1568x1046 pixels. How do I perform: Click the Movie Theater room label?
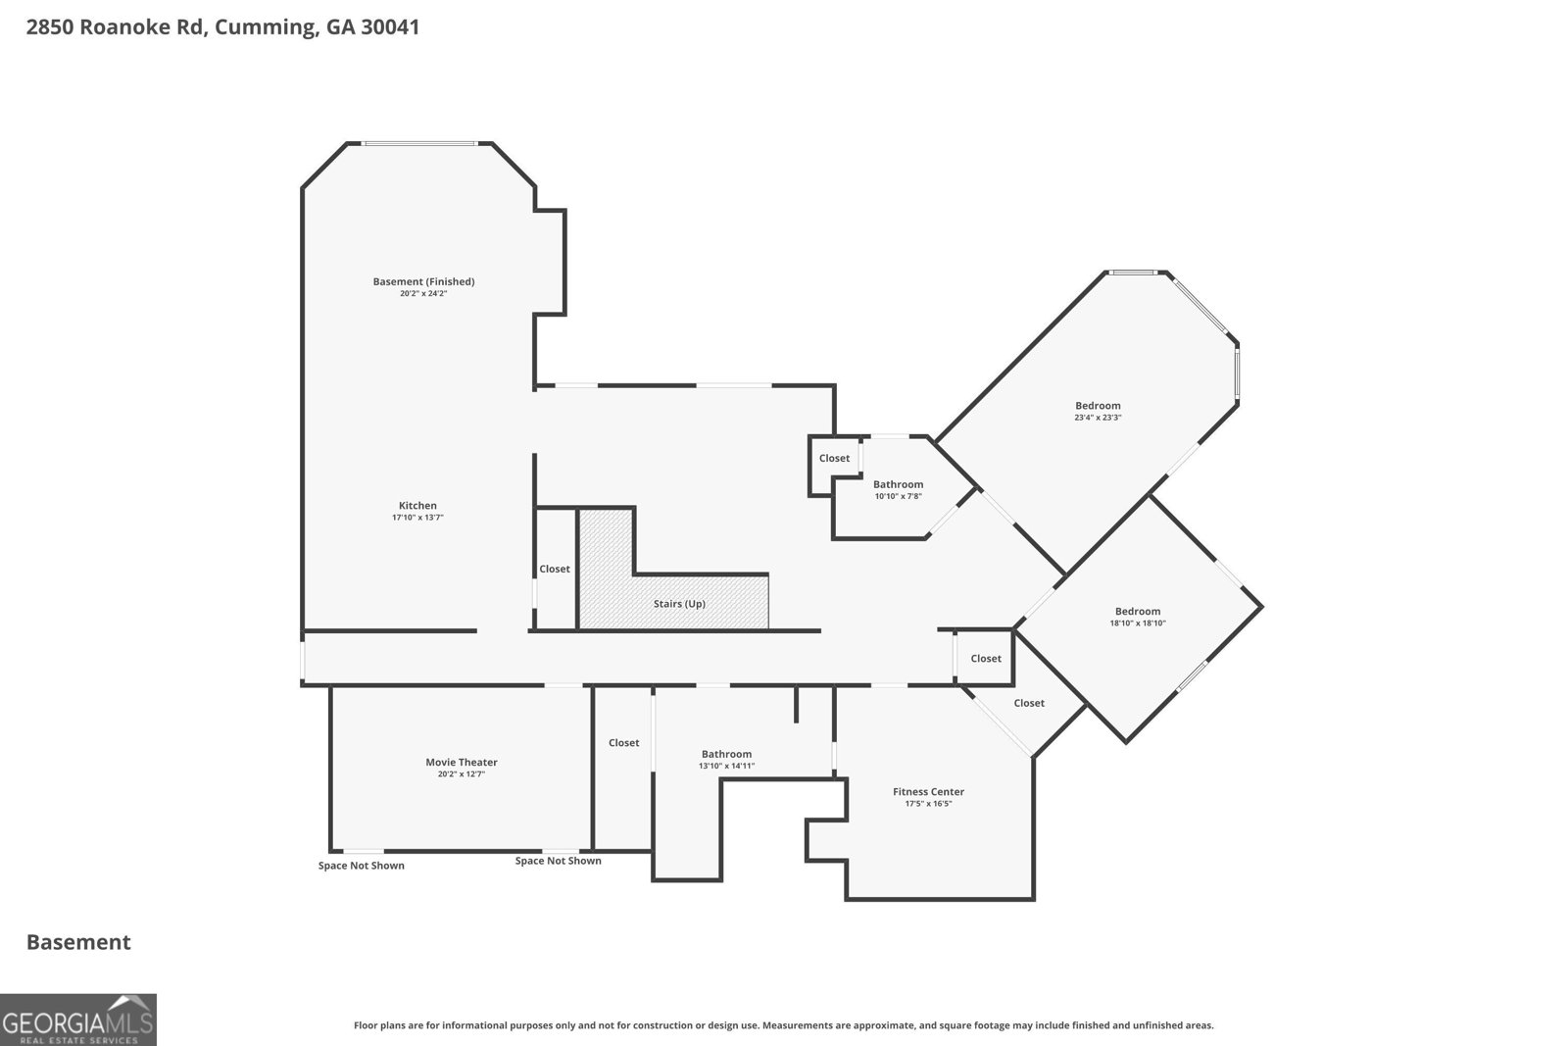[x=462, y=762]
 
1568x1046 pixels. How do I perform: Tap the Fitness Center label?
[x=928, y=791]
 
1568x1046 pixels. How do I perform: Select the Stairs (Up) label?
[x=679, y=604]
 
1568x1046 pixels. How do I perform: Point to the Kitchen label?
[x=417, y=506]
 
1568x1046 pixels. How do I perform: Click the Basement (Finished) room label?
[x=423, y=281]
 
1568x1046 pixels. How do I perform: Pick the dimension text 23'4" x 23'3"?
[x=1098, y=418]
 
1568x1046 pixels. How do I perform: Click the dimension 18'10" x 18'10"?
[x=1138, y=623]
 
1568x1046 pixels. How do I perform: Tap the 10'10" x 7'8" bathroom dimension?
[x=898, y=496]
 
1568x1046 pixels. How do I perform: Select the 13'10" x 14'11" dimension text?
[x=726, y=766]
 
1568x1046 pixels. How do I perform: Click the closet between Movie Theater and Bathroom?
[x=623, y=743]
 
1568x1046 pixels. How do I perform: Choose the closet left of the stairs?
[x=555, y=569]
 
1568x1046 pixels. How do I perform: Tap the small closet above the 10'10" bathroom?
[x=834, y=458]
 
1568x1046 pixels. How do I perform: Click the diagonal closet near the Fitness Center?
[x=1029, y=703]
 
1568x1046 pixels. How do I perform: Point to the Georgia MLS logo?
[x=78, y=1020]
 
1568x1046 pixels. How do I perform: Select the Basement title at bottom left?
[x=78, y=942]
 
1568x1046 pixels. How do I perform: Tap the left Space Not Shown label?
[x=362, y=866]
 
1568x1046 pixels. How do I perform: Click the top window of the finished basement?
[x=420, y=143]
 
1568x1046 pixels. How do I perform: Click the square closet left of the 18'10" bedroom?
[x=986, y=658]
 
